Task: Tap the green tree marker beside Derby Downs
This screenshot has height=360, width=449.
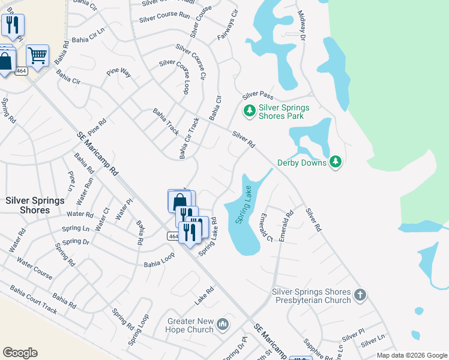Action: [336, 162]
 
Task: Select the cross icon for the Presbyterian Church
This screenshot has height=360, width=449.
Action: [360, 295]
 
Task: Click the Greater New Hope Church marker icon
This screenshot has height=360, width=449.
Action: [223, 325]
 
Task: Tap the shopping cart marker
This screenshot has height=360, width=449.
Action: [37, 56]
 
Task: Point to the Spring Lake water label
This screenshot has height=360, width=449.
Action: [245, 205]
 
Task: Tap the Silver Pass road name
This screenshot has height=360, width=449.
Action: [258, 95]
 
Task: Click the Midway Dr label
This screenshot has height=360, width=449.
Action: [303, 29]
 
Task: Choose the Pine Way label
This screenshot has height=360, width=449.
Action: [119, 73]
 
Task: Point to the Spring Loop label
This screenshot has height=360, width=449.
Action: [138, 330]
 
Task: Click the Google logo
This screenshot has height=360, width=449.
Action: [20, 353]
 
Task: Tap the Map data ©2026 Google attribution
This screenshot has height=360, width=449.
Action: [411, 355]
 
